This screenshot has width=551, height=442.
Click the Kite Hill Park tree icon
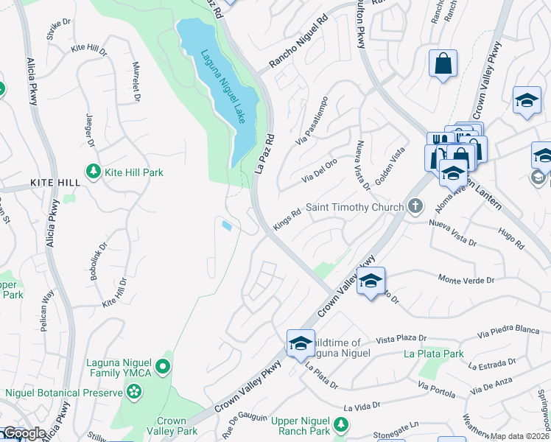[x=93, y=172]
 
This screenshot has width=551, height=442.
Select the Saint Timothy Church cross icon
[x=415, y=207]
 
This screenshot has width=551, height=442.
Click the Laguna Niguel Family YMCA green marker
[x=164, y=365]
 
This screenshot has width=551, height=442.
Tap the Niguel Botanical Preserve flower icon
[x=133, y=393]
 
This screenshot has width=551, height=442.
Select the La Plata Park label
[x=434, y=354]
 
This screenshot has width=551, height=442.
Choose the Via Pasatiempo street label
[x=311, y=121]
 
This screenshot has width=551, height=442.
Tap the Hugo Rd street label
[x=510, y=239]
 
